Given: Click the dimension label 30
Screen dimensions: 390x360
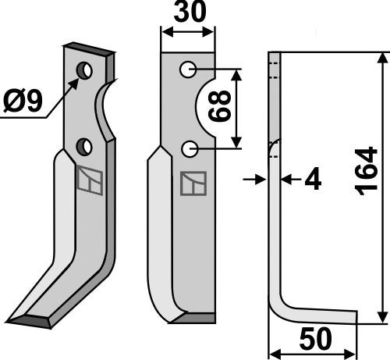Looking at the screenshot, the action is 190,12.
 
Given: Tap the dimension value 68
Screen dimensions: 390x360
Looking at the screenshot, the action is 220,106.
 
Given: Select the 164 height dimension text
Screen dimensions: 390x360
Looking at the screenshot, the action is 367,170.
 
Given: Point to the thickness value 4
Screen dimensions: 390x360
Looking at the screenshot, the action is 313,180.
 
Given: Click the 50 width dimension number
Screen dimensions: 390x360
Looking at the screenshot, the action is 316,339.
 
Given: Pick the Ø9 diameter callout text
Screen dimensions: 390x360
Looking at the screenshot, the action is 23,101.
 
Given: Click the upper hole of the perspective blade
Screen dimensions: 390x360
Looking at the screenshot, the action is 84,70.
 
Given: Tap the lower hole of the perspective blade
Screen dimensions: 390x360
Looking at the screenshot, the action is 84,147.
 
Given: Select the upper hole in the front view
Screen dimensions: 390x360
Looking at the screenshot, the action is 188,70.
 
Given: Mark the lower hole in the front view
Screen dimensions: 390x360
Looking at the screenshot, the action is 190,149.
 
